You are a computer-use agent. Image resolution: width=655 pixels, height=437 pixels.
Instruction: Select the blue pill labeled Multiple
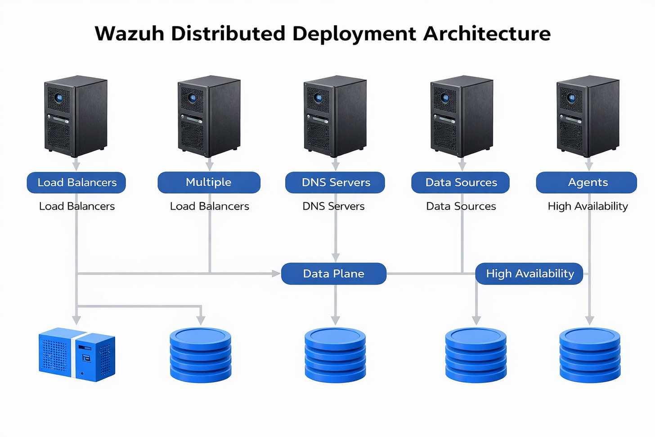209,182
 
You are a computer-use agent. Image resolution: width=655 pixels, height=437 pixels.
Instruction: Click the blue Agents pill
587,182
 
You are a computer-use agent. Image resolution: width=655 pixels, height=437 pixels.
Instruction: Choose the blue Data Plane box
333,274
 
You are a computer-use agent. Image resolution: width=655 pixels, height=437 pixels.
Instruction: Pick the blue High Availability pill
529,274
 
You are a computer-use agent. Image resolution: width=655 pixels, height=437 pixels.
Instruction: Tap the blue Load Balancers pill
76,182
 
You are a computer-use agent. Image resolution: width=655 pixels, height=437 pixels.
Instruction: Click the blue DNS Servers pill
335,182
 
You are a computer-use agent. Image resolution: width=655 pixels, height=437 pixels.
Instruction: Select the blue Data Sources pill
461,182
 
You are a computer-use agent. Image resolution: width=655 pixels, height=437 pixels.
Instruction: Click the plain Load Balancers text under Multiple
209,206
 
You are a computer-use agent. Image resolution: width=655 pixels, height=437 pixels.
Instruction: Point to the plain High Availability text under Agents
588,206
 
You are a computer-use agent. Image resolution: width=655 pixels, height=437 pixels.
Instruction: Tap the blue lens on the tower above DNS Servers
319,98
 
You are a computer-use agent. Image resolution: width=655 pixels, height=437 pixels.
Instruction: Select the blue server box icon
77,355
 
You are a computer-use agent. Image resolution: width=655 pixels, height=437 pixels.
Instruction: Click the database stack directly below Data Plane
335,355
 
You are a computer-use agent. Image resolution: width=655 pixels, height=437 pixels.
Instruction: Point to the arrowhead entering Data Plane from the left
276,274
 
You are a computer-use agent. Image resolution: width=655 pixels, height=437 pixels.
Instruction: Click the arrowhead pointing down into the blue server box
77,320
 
